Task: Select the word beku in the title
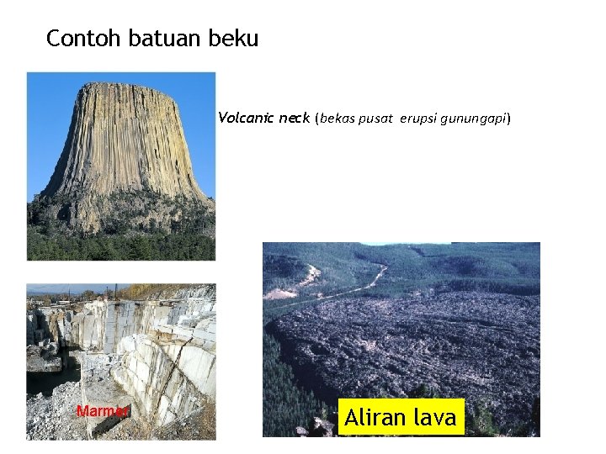[x=238, y=39]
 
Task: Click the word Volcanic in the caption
[x=247, y=119]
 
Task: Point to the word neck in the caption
[x=295, y=119]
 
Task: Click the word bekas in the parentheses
[x=337, y=119]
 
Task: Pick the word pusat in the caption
[x=378, y=119]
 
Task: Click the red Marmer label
[x=103, y=411]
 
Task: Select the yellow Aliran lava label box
[x=401, y=417]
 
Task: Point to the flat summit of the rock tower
[x=125, y=86]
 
